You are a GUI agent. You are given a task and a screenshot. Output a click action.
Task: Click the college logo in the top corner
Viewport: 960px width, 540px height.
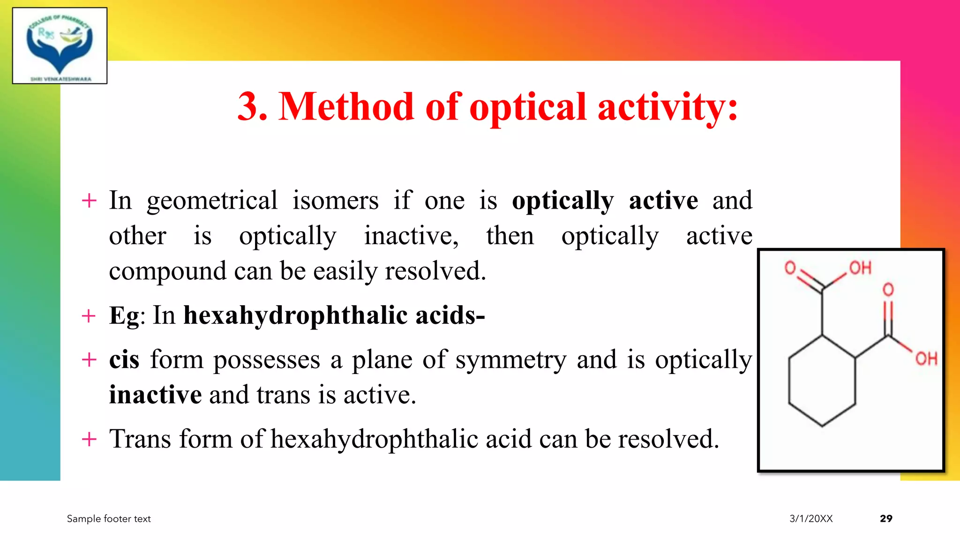click(60, 45)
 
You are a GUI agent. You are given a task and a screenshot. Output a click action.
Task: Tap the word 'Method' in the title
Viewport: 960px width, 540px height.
click(346, 107)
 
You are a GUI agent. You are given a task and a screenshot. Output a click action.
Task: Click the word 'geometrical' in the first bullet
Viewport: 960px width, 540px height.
click(212, 201)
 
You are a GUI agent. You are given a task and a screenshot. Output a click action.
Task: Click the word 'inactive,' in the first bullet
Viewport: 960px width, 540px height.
click(411, 236)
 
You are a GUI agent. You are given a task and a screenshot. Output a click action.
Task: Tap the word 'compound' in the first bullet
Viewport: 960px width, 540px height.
click(167, 271)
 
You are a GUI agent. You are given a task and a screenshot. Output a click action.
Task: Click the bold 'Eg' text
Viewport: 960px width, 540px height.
click(124, 315)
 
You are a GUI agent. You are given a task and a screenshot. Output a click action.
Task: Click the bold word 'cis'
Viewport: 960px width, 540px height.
click(124, 360)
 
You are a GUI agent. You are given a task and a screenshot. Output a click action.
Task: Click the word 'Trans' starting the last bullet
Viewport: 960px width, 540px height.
click(140, 439)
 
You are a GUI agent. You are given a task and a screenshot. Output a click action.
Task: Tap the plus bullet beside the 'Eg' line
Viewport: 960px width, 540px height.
click(89, 316)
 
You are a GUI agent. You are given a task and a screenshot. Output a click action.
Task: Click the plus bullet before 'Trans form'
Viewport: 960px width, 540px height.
click(89, 440)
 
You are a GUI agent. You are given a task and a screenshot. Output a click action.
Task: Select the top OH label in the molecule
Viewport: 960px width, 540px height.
click(860, 268)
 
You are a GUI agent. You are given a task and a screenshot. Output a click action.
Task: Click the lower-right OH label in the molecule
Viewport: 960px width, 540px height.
click(926, 359)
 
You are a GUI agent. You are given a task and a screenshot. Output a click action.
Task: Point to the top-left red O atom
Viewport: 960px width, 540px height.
click(790, 268)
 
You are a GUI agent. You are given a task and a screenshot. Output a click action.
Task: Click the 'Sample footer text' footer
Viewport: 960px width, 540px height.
click(109, 518)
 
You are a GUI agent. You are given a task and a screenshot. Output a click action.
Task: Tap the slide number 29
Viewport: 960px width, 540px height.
click(886, 518)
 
